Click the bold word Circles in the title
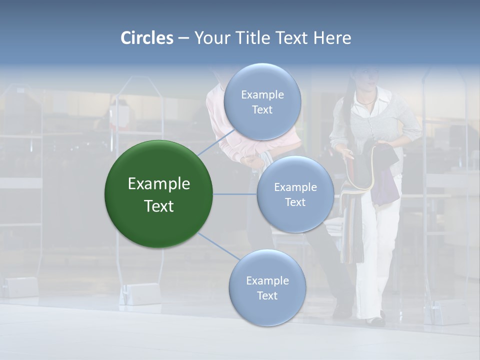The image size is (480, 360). coord(146,38)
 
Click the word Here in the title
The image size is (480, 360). coord(332,38)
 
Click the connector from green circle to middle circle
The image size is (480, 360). coord(235,194)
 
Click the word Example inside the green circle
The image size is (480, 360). coord(159,184)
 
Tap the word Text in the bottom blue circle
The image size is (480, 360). coord(267,295)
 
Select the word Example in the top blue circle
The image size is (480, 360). coord(262,95)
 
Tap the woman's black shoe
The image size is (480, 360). coord(375,321)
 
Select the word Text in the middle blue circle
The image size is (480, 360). coord(295,202)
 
